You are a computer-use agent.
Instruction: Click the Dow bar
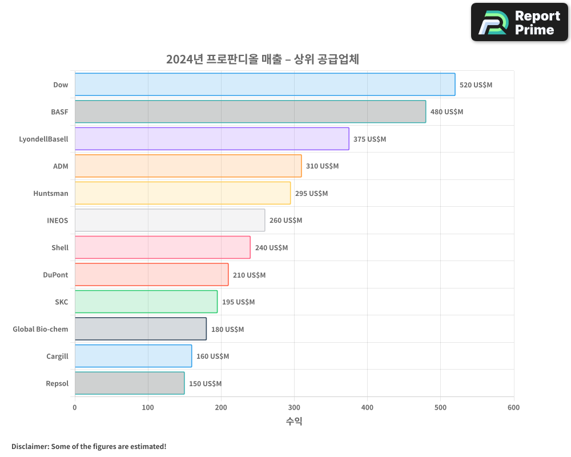[x=265, y=85]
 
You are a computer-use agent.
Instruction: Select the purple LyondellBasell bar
[x=212, y=139]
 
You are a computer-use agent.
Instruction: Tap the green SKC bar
[x=146, y=302]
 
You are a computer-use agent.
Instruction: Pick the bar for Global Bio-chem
[x=140, y=329]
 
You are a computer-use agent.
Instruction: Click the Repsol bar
[x=130, y=383]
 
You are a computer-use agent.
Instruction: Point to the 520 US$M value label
[x=476, y=85]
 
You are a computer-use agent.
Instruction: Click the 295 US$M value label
[x=311, y=193]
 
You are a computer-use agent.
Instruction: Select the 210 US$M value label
[x=249, y=275]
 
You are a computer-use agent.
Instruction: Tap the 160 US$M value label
[x=212, y=356]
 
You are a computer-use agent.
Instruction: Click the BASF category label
[x=59, y=112]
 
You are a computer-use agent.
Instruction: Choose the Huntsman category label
[x=51, y=193]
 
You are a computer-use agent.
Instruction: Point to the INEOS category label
[x=57, y=221]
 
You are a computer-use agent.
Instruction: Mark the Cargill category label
[x=57, y=356]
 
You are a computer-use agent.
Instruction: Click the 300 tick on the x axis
[x=294, y=407]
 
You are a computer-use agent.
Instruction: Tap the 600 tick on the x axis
[x=513, y=407]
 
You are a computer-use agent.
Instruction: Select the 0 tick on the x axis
[x=75, y=407]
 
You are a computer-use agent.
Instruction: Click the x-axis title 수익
[x=294, y=422]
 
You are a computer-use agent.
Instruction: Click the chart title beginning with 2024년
[x=263, y=59]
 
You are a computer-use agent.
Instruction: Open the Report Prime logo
[x=519, y=22]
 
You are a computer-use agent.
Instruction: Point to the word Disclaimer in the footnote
[x=30, y=446]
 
